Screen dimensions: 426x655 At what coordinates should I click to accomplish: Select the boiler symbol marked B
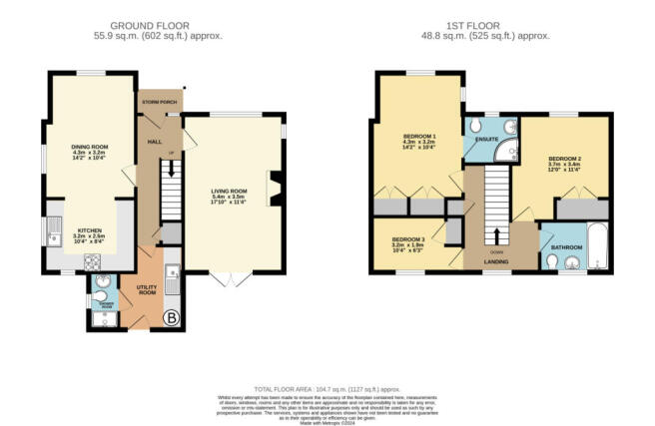171,319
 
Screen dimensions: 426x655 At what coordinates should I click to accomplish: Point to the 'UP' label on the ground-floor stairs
170,154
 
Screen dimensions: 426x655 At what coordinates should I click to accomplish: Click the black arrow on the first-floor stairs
496,235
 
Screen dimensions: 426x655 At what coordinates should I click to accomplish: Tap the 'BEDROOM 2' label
565,159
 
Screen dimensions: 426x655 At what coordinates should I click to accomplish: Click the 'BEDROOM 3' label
407,240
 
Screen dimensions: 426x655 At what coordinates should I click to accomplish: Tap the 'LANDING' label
496,262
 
